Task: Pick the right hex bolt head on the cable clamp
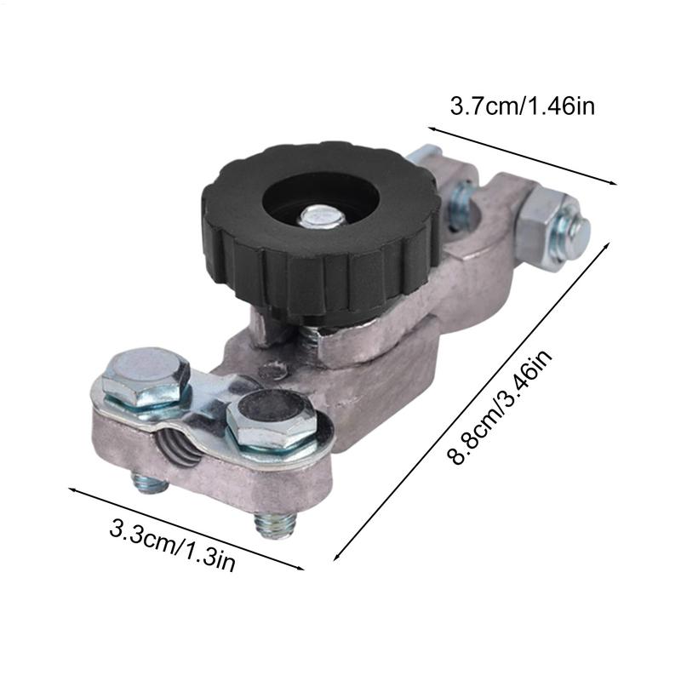[272, 420]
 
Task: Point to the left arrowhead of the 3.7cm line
[432, 129]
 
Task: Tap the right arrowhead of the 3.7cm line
[612, 181]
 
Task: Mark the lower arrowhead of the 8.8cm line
[336, 558]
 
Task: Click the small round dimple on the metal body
[272, 370]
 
